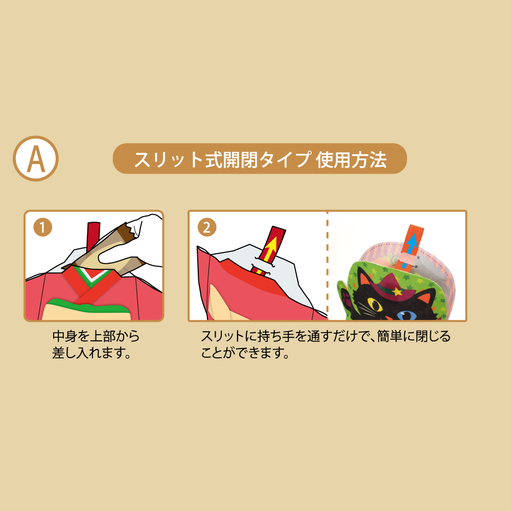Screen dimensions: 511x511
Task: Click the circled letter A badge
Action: point(36,159)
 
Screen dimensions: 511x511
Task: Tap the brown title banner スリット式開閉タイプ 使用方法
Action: point(260,159)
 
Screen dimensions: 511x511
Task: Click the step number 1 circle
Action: point(43,227)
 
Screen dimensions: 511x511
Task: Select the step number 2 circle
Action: point(207,227)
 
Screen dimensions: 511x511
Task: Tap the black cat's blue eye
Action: point(406,315)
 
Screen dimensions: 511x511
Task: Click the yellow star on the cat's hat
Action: point(397,291)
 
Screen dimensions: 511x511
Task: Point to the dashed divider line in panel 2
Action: point(328,266)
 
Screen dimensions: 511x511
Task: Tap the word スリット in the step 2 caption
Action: point(222,336)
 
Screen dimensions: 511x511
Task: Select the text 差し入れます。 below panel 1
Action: point(91,353)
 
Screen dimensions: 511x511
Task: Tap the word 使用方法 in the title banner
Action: point(351,159)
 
